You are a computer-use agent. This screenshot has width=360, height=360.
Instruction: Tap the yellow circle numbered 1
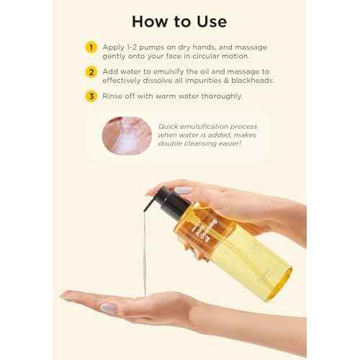click(91, 47)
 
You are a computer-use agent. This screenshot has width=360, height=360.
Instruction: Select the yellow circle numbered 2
click(91, 72)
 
